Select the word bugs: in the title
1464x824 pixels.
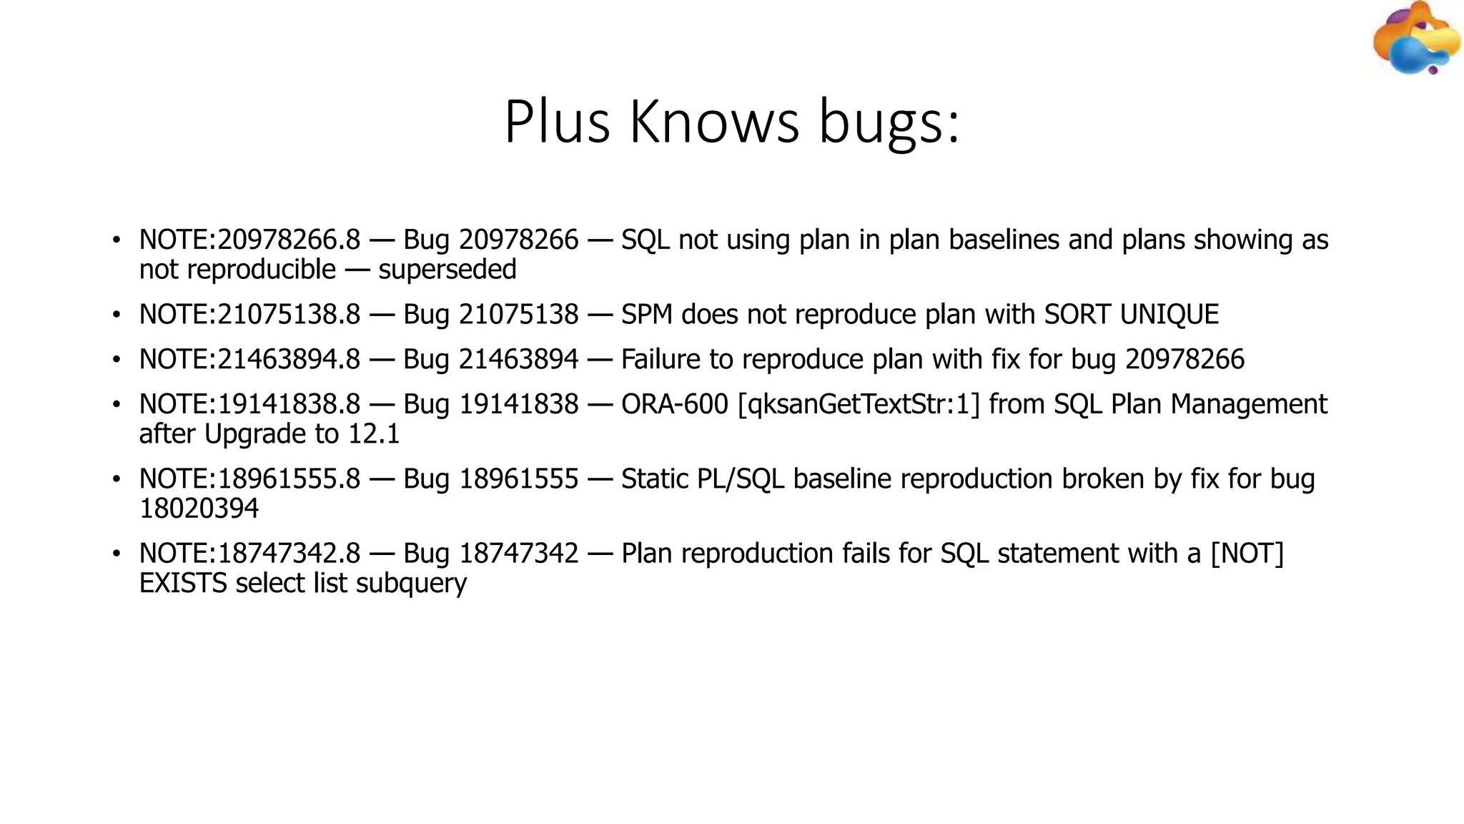(889, 123)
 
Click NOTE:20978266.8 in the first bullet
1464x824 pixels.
(249, 240)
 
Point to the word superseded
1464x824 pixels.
(447, 270)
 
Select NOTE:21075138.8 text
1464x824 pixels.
(249, 315)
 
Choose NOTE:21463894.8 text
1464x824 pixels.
(249, 359)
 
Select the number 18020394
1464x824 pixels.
(199, 509)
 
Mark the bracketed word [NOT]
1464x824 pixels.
(1247, 554)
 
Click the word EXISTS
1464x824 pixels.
(183, 584)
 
